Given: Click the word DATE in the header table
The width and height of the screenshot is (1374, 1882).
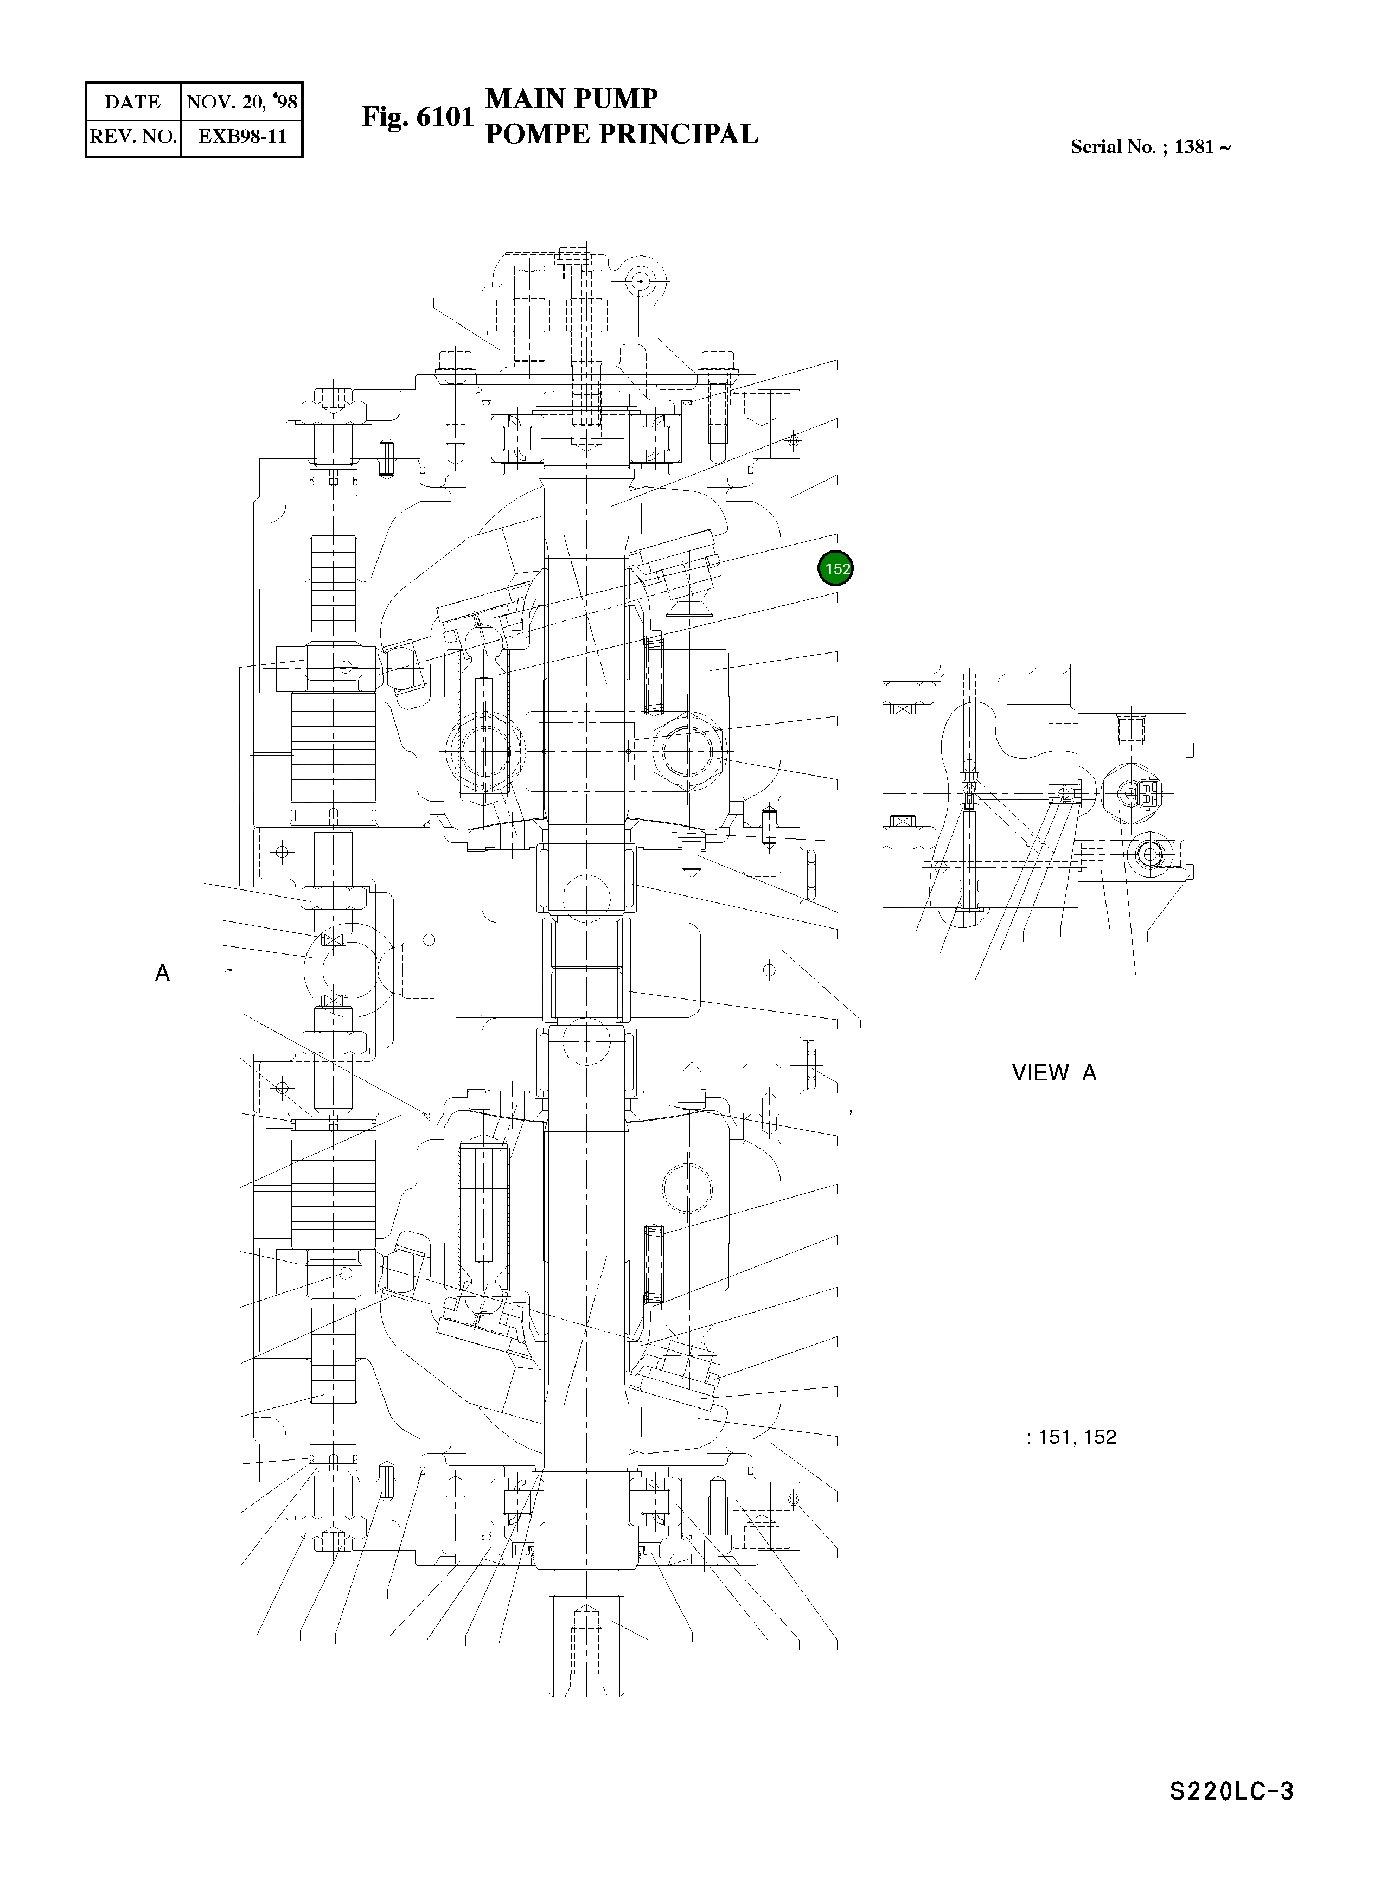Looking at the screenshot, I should pyautogui.click(x=132, y=103).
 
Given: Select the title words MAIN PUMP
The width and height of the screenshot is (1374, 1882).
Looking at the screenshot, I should pyautogui.click(x=571, y=99).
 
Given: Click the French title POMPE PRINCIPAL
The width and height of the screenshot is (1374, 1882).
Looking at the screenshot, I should pyautogui.click(x=621, y=134).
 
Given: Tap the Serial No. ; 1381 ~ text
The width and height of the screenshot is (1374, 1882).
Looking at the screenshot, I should pyautogui.click(x=1151, y=147).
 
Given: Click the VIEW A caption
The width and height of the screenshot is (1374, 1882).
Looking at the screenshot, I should pyautogui.click(x=1054, y=1073).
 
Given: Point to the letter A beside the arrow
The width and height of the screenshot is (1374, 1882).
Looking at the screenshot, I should pyautogui.click(x=162, y=972).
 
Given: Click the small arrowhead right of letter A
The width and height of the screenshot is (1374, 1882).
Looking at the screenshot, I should pyautogui.click(x=229, y=970).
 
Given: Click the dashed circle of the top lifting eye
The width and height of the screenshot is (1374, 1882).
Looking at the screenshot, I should pyautogui.click(x=641, y=282).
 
